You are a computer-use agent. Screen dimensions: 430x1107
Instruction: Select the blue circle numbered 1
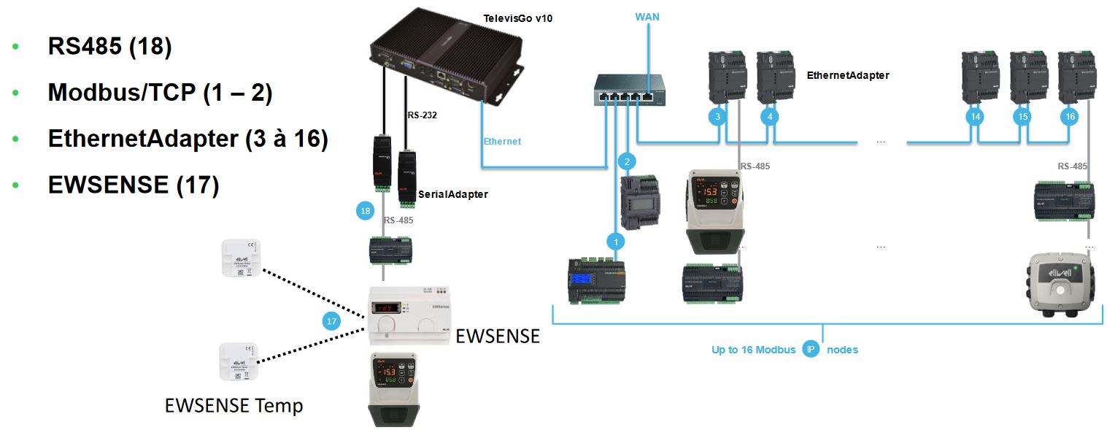coord(616,240)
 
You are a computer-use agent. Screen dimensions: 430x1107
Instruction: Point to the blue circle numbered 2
coord(626,161)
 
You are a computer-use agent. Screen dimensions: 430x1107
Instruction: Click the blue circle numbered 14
coord(974,116)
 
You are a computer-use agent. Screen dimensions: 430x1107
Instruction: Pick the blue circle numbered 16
coord(1069,116)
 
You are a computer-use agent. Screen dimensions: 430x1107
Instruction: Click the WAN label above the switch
coord(647,16)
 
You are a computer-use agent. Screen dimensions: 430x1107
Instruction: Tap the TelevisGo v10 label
coord(518,18)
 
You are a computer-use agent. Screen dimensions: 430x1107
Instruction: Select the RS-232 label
coord(422,114)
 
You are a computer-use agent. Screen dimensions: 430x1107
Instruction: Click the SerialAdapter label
coord(452,194)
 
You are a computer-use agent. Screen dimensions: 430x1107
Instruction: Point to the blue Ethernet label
coord(502,141)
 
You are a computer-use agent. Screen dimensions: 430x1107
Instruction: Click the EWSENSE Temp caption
coord(234,405)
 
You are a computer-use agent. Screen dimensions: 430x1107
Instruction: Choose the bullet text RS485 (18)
coord(109,47)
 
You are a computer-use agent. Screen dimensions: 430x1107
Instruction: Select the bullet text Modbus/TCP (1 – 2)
coord(160,93)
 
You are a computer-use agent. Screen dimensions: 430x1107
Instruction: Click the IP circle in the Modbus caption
coord(811,349)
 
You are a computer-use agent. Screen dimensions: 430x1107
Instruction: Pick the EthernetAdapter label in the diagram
coord(848,75)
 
